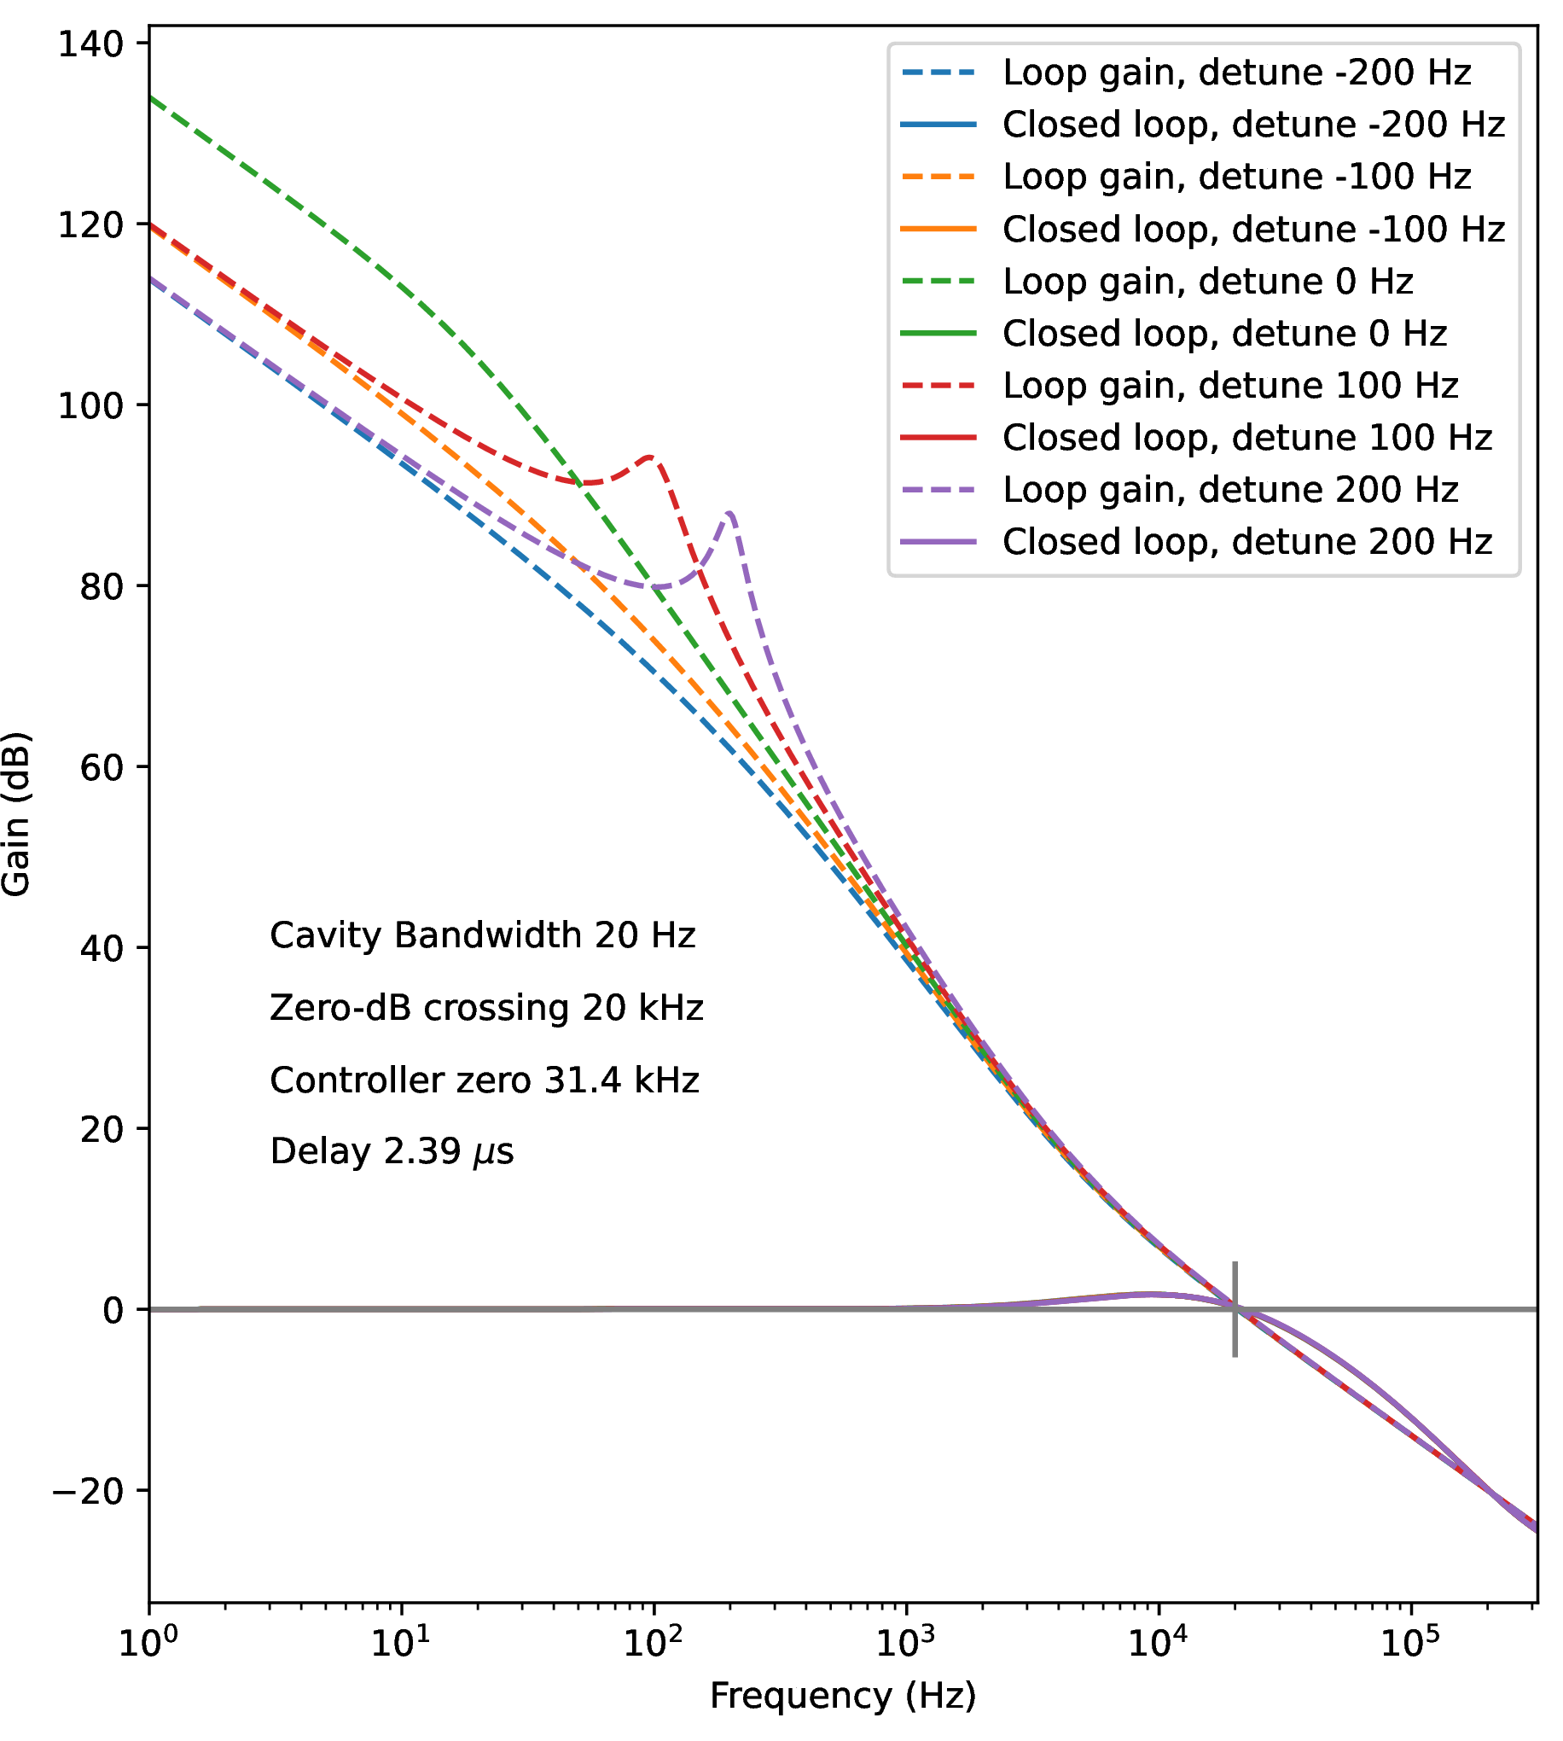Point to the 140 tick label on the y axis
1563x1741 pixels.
pos(90,44)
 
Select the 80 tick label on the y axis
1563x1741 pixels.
pos(102,587)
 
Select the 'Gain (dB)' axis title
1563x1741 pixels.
pos(17,814)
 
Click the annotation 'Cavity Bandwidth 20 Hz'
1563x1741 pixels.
pos(483,936)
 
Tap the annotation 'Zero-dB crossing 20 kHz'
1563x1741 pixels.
pos(486,1009)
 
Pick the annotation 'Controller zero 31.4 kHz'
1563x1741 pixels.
pos(485,1080)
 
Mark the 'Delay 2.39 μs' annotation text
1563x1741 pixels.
pos(392,1153)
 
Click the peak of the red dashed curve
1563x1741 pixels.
pos(652,457)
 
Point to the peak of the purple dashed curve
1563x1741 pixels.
pos(730,513)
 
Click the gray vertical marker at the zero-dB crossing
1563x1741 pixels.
pos(1235,1310)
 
